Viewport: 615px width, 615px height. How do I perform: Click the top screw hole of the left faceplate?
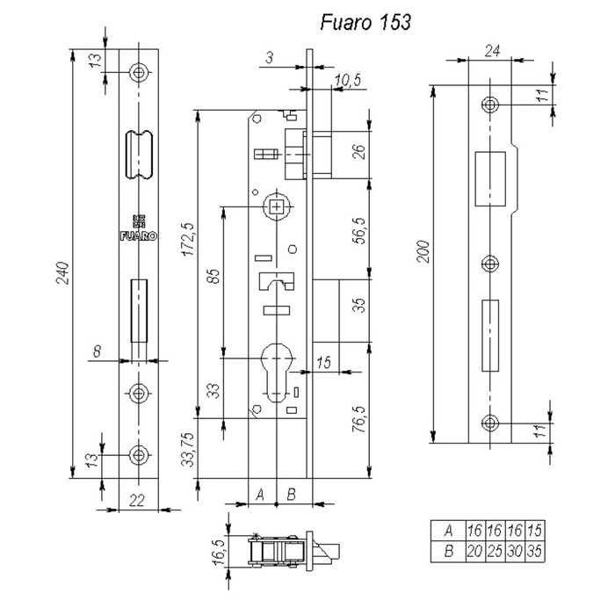click(x=138, y=71)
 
